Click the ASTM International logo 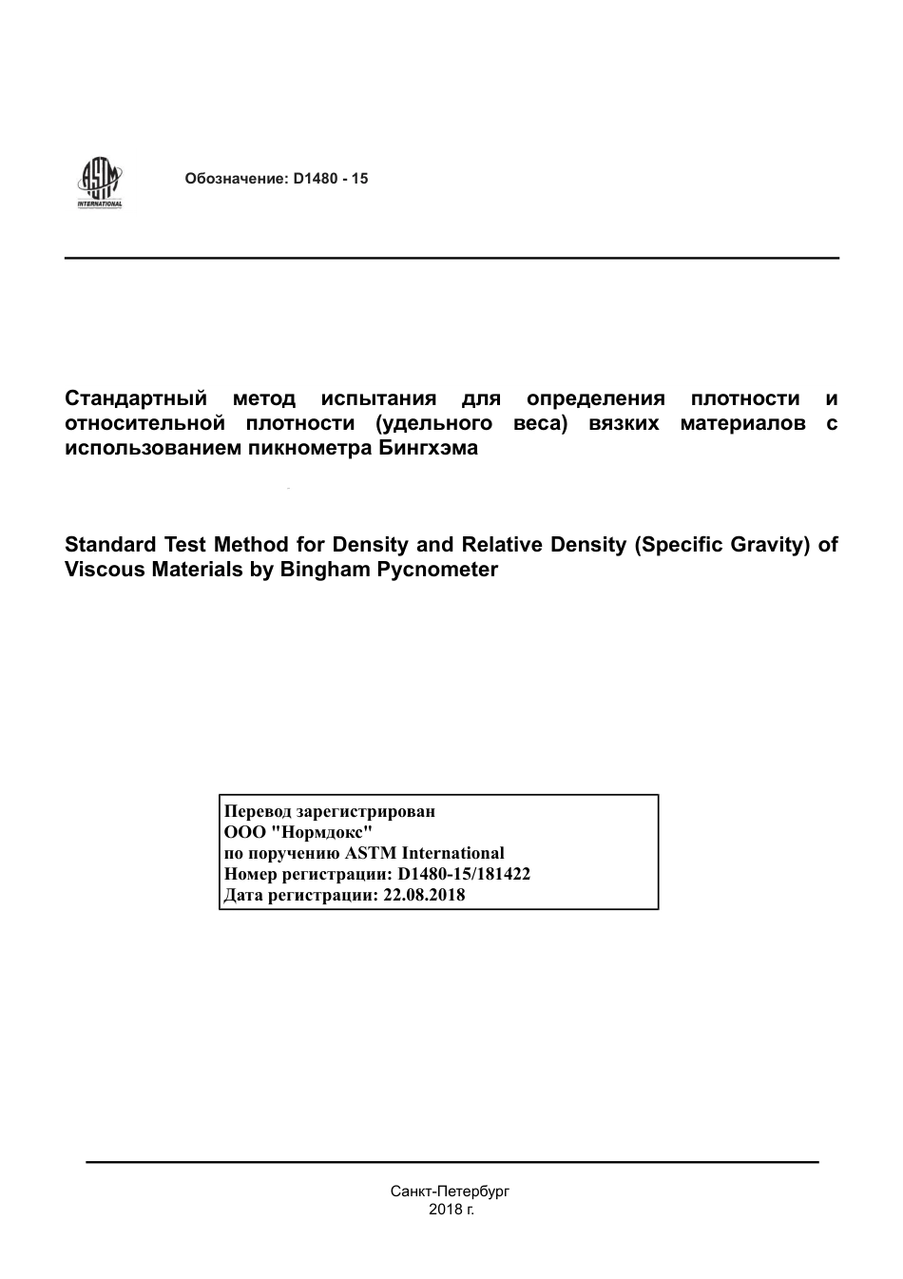point(100,183)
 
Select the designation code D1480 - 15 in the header point(331,179)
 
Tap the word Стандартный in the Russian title point(135,398)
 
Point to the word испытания point(378,398)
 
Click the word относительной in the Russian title point(144,423)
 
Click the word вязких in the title point(624,423)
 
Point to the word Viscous point(104,570)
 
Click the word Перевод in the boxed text point(258,811)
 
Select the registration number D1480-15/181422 point(464,874)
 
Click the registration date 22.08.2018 point(424,895)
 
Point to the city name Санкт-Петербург point(451,1191)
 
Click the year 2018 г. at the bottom point(451,1210)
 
